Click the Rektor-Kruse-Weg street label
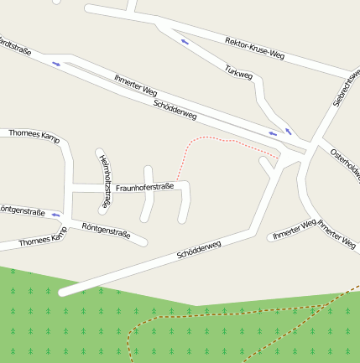click(x=255, y=49)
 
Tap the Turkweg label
click(x=238, y=74)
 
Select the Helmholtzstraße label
click(x=104, y=181)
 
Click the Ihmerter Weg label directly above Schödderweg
click(x=135, y=86)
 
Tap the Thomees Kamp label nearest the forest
click(x=42, y=239)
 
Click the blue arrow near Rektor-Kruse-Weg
click(x=185, y=41)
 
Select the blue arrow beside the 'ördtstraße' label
click(x=57, y=64)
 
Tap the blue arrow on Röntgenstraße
click(x=56, y=215)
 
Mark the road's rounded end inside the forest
click(x=64, y=293)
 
